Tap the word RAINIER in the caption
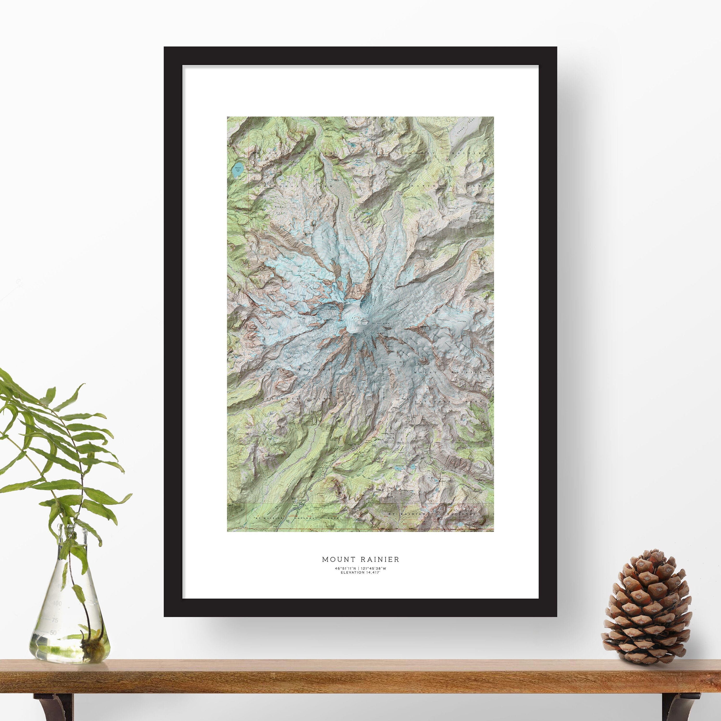coord(380,559)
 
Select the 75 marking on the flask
coord(55,621)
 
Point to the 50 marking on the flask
coord(53,633)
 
